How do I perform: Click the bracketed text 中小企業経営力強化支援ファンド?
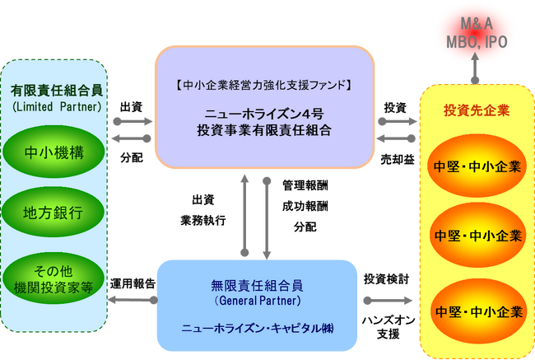[x=263, y=84]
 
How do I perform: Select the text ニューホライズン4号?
[x=263, y=114]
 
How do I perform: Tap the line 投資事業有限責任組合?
[x=263, y=130]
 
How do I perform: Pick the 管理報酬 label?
[x=305, y=186]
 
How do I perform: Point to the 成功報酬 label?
[x=305, y=206]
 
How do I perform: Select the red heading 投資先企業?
[x=473, y=110]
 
